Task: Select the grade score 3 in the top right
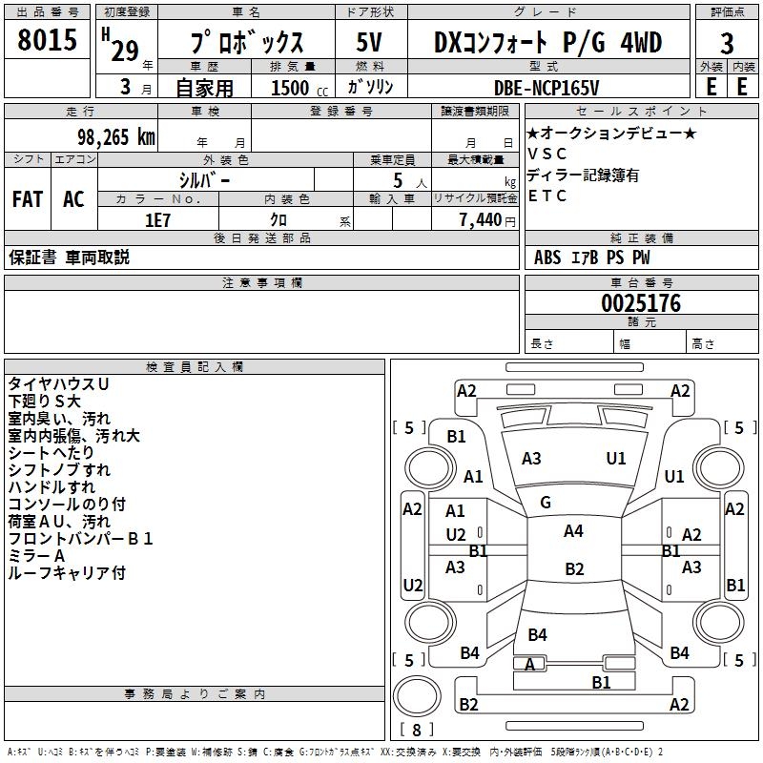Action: [x=727, y=44]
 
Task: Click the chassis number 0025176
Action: [x=641, y=304]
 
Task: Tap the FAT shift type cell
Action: [x=27, y=199]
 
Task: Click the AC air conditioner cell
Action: [x=73, y=199]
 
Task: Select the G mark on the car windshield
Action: [x=546, y=503]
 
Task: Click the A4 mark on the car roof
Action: [x=573, y=531]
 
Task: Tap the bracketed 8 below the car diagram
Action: [x=417, y=731]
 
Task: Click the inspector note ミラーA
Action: [x=36, y=556]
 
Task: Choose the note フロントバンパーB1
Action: [x=81, y=539]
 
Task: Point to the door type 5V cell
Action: [x=370, y=43]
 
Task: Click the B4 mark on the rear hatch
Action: [x=537, y=635]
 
